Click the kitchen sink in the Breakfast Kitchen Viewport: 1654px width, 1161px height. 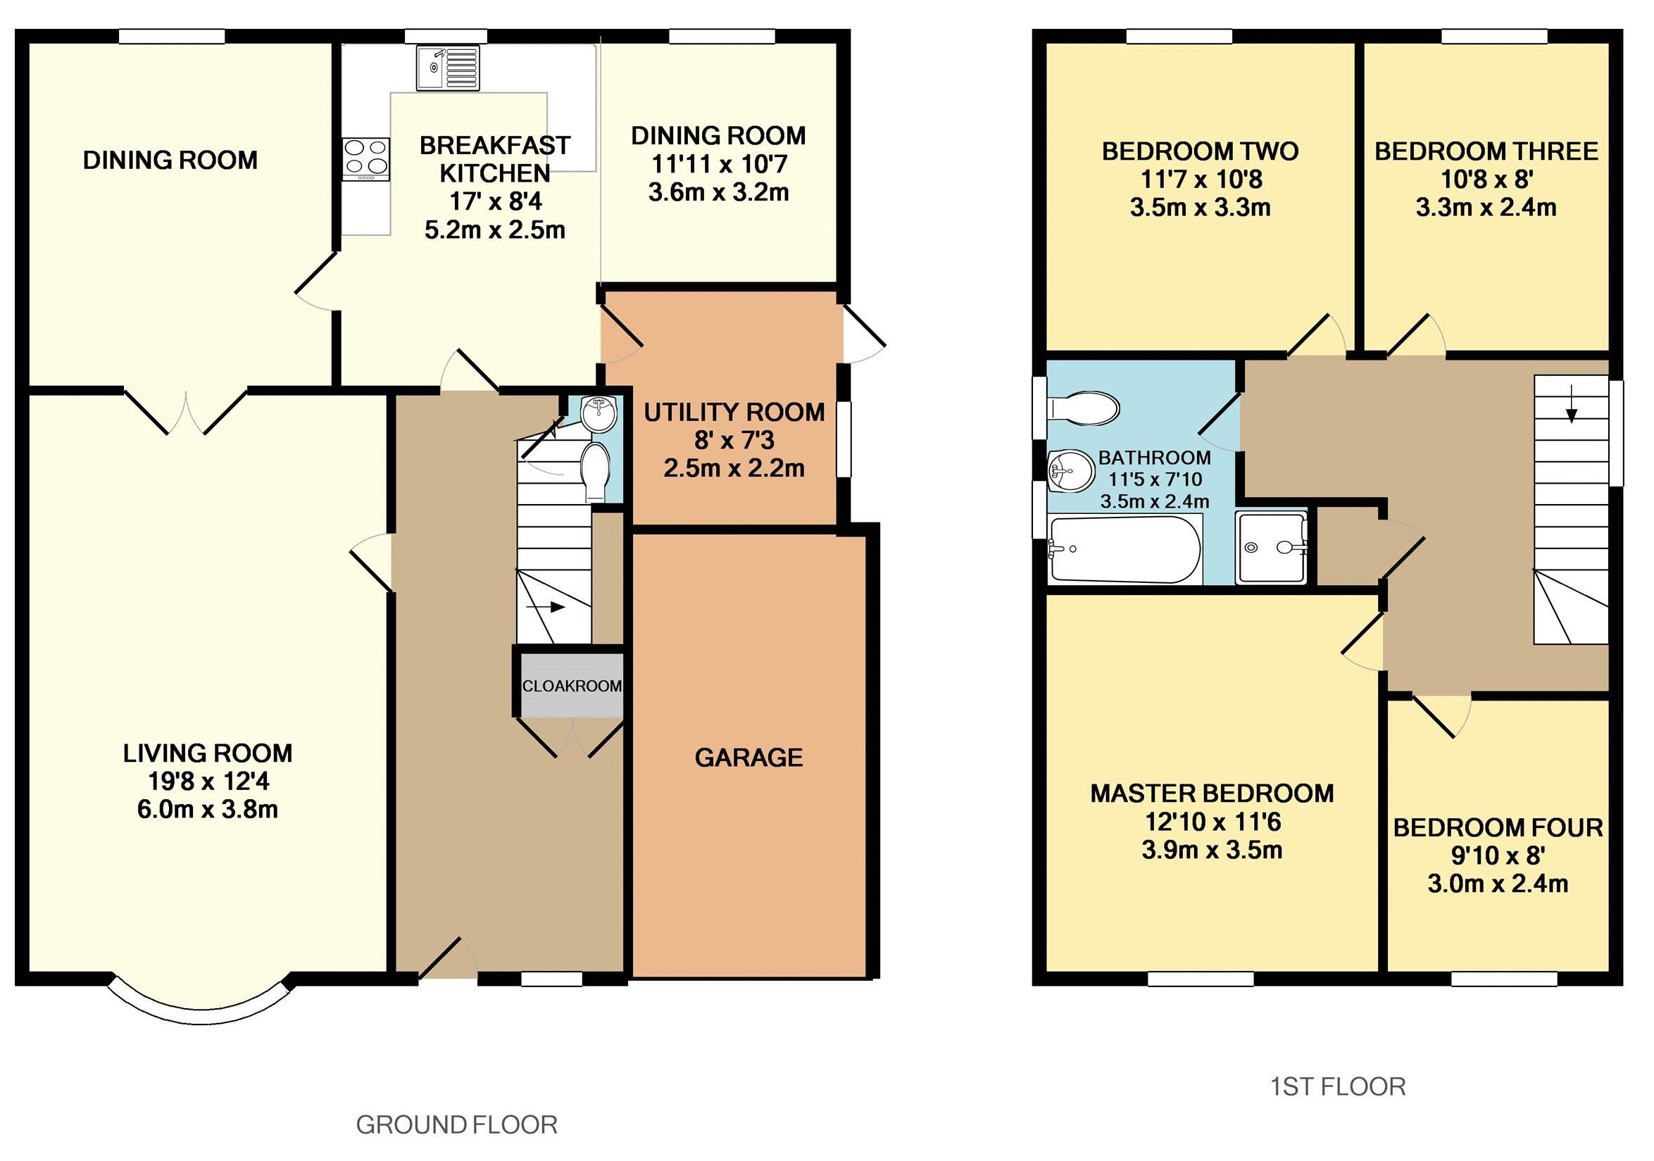pos(448,68)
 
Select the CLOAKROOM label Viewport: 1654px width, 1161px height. pos(571,686)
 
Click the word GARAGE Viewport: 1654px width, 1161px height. pos(748,757)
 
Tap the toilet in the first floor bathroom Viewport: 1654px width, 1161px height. pos(1083,408)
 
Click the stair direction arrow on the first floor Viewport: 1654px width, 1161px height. pos(1571,410)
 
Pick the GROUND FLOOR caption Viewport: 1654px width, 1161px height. pos(457,1124)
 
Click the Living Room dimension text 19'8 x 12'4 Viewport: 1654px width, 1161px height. pos(208,782)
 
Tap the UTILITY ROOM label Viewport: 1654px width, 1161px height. pos(734,412)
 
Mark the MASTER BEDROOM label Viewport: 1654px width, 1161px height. pos(1213,793)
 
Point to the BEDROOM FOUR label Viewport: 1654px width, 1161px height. pos(1498,827)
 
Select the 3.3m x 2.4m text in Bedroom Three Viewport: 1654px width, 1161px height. pos(1486,208)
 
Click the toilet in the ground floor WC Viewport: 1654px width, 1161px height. pos(595,472)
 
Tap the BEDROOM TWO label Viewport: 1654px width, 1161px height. pos(1200,151)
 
